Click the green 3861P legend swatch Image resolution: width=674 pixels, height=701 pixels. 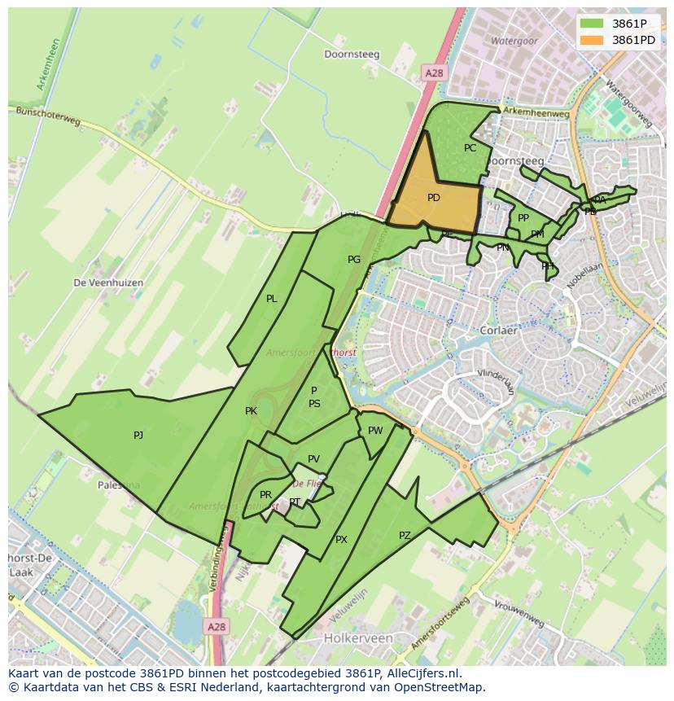592,24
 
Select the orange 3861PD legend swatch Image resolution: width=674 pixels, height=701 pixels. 592,40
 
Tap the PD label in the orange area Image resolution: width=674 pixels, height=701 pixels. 434,198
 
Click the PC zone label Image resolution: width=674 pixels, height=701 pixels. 470,148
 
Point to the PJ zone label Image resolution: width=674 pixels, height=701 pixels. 138,436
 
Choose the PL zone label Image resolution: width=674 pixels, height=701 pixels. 272,299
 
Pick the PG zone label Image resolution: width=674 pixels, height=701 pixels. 354,260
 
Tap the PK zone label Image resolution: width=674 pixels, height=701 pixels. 251,411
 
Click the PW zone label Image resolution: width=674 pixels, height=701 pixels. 375,431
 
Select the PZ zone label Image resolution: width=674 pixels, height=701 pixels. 405,536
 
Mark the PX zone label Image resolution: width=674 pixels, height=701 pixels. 341,540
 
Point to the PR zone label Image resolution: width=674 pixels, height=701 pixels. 265,495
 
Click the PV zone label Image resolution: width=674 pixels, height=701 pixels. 313,459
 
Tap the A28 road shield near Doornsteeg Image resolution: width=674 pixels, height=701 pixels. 434,73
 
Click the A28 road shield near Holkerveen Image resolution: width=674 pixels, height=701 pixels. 216,627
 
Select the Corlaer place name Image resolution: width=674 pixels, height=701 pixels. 498,331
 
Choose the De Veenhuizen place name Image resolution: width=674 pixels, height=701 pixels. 108,283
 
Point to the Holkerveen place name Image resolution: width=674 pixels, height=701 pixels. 358,638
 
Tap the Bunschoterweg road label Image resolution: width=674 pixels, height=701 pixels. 49,118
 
